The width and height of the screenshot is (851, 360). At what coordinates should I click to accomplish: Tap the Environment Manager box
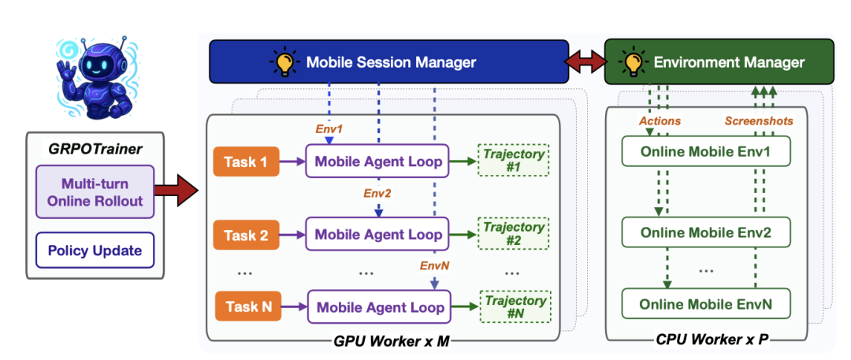(x=716, y=61)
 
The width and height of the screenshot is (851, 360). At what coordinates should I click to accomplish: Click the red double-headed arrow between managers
(x=586, y=61)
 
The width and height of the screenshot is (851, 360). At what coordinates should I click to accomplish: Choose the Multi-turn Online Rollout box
(x=94, y=191)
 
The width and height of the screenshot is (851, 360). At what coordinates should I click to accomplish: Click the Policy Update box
(x=94, y=251)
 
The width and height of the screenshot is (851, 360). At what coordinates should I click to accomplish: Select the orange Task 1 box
(x=246, y=162)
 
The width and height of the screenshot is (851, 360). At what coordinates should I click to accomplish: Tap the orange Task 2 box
(x=246, y=235)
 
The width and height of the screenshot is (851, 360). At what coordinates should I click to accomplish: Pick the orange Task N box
(x=246, y=307)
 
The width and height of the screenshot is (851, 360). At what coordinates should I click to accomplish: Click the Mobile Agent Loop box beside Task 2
(x=379, y=235)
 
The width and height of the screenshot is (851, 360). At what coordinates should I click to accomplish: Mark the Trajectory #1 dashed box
(x=514, y=162)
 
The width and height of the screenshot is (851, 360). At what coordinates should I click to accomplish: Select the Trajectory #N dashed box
(x=514, y=307)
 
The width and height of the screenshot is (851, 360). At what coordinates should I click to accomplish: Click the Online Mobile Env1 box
(x=706, y=152)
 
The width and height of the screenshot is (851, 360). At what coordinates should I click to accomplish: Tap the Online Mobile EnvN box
(x=706, y=304)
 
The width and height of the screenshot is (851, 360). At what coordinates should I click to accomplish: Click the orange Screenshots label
(x=758, y=121)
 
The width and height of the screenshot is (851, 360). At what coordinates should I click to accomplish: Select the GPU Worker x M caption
(x=382, y=340)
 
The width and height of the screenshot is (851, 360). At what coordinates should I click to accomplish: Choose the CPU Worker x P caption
(x=710, y=340)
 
